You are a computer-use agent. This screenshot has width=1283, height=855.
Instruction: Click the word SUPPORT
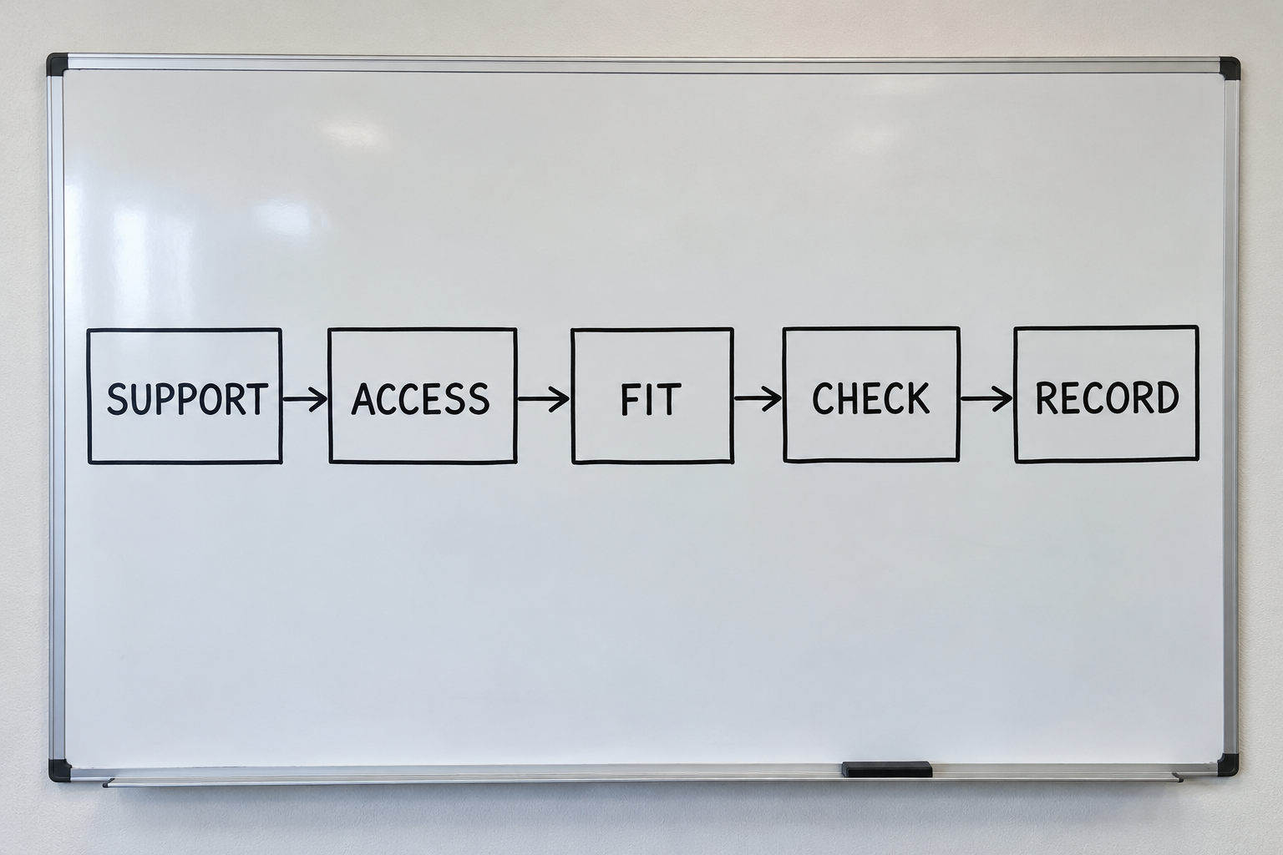coord(187,398)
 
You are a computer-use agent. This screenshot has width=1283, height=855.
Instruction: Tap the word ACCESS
coord(420,398)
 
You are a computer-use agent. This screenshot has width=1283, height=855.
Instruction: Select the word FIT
coord(652,399)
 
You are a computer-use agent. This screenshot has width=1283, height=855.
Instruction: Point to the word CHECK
coord(870,398)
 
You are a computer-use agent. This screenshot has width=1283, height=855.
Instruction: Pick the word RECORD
coord(1107,397)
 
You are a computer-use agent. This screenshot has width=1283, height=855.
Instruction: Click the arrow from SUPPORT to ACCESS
coord(305,398)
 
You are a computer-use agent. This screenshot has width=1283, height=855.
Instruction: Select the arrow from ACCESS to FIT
coord(544,398)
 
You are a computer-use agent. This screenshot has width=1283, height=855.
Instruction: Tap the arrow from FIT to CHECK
coord(758,398)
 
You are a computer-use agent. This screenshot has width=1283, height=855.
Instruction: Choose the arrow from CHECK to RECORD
coord(986,398)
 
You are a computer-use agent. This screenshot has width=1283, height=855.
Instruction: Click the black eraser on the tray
coord(886,769)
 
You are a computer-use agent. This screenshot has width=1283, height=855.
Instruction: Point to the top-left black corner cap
coord(58,65)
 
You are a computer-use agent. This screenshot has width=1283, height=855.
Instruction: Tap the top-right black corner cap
coord(1230,68)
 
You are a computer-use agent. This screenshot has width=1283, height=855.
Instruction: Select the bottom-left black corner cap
coord(59,770)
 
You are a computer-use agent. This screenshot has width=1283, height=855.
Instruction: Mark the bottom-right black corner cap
coord(1227,765)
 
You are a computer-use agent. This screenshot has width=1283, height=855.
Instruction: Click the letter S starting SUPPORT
coord(117,399)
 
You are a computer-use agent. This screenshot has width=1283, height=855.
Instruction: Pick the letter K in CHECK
coord(918,398)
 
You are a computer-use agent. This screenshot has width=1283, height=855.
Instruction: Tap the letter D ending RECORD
coord(1169,397)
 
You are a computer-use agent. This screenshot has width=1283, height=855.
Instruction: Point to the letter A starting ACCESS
coord(363,398)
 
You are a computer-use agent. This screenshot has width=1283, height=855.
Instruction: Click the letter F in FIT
coord(630,399)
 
